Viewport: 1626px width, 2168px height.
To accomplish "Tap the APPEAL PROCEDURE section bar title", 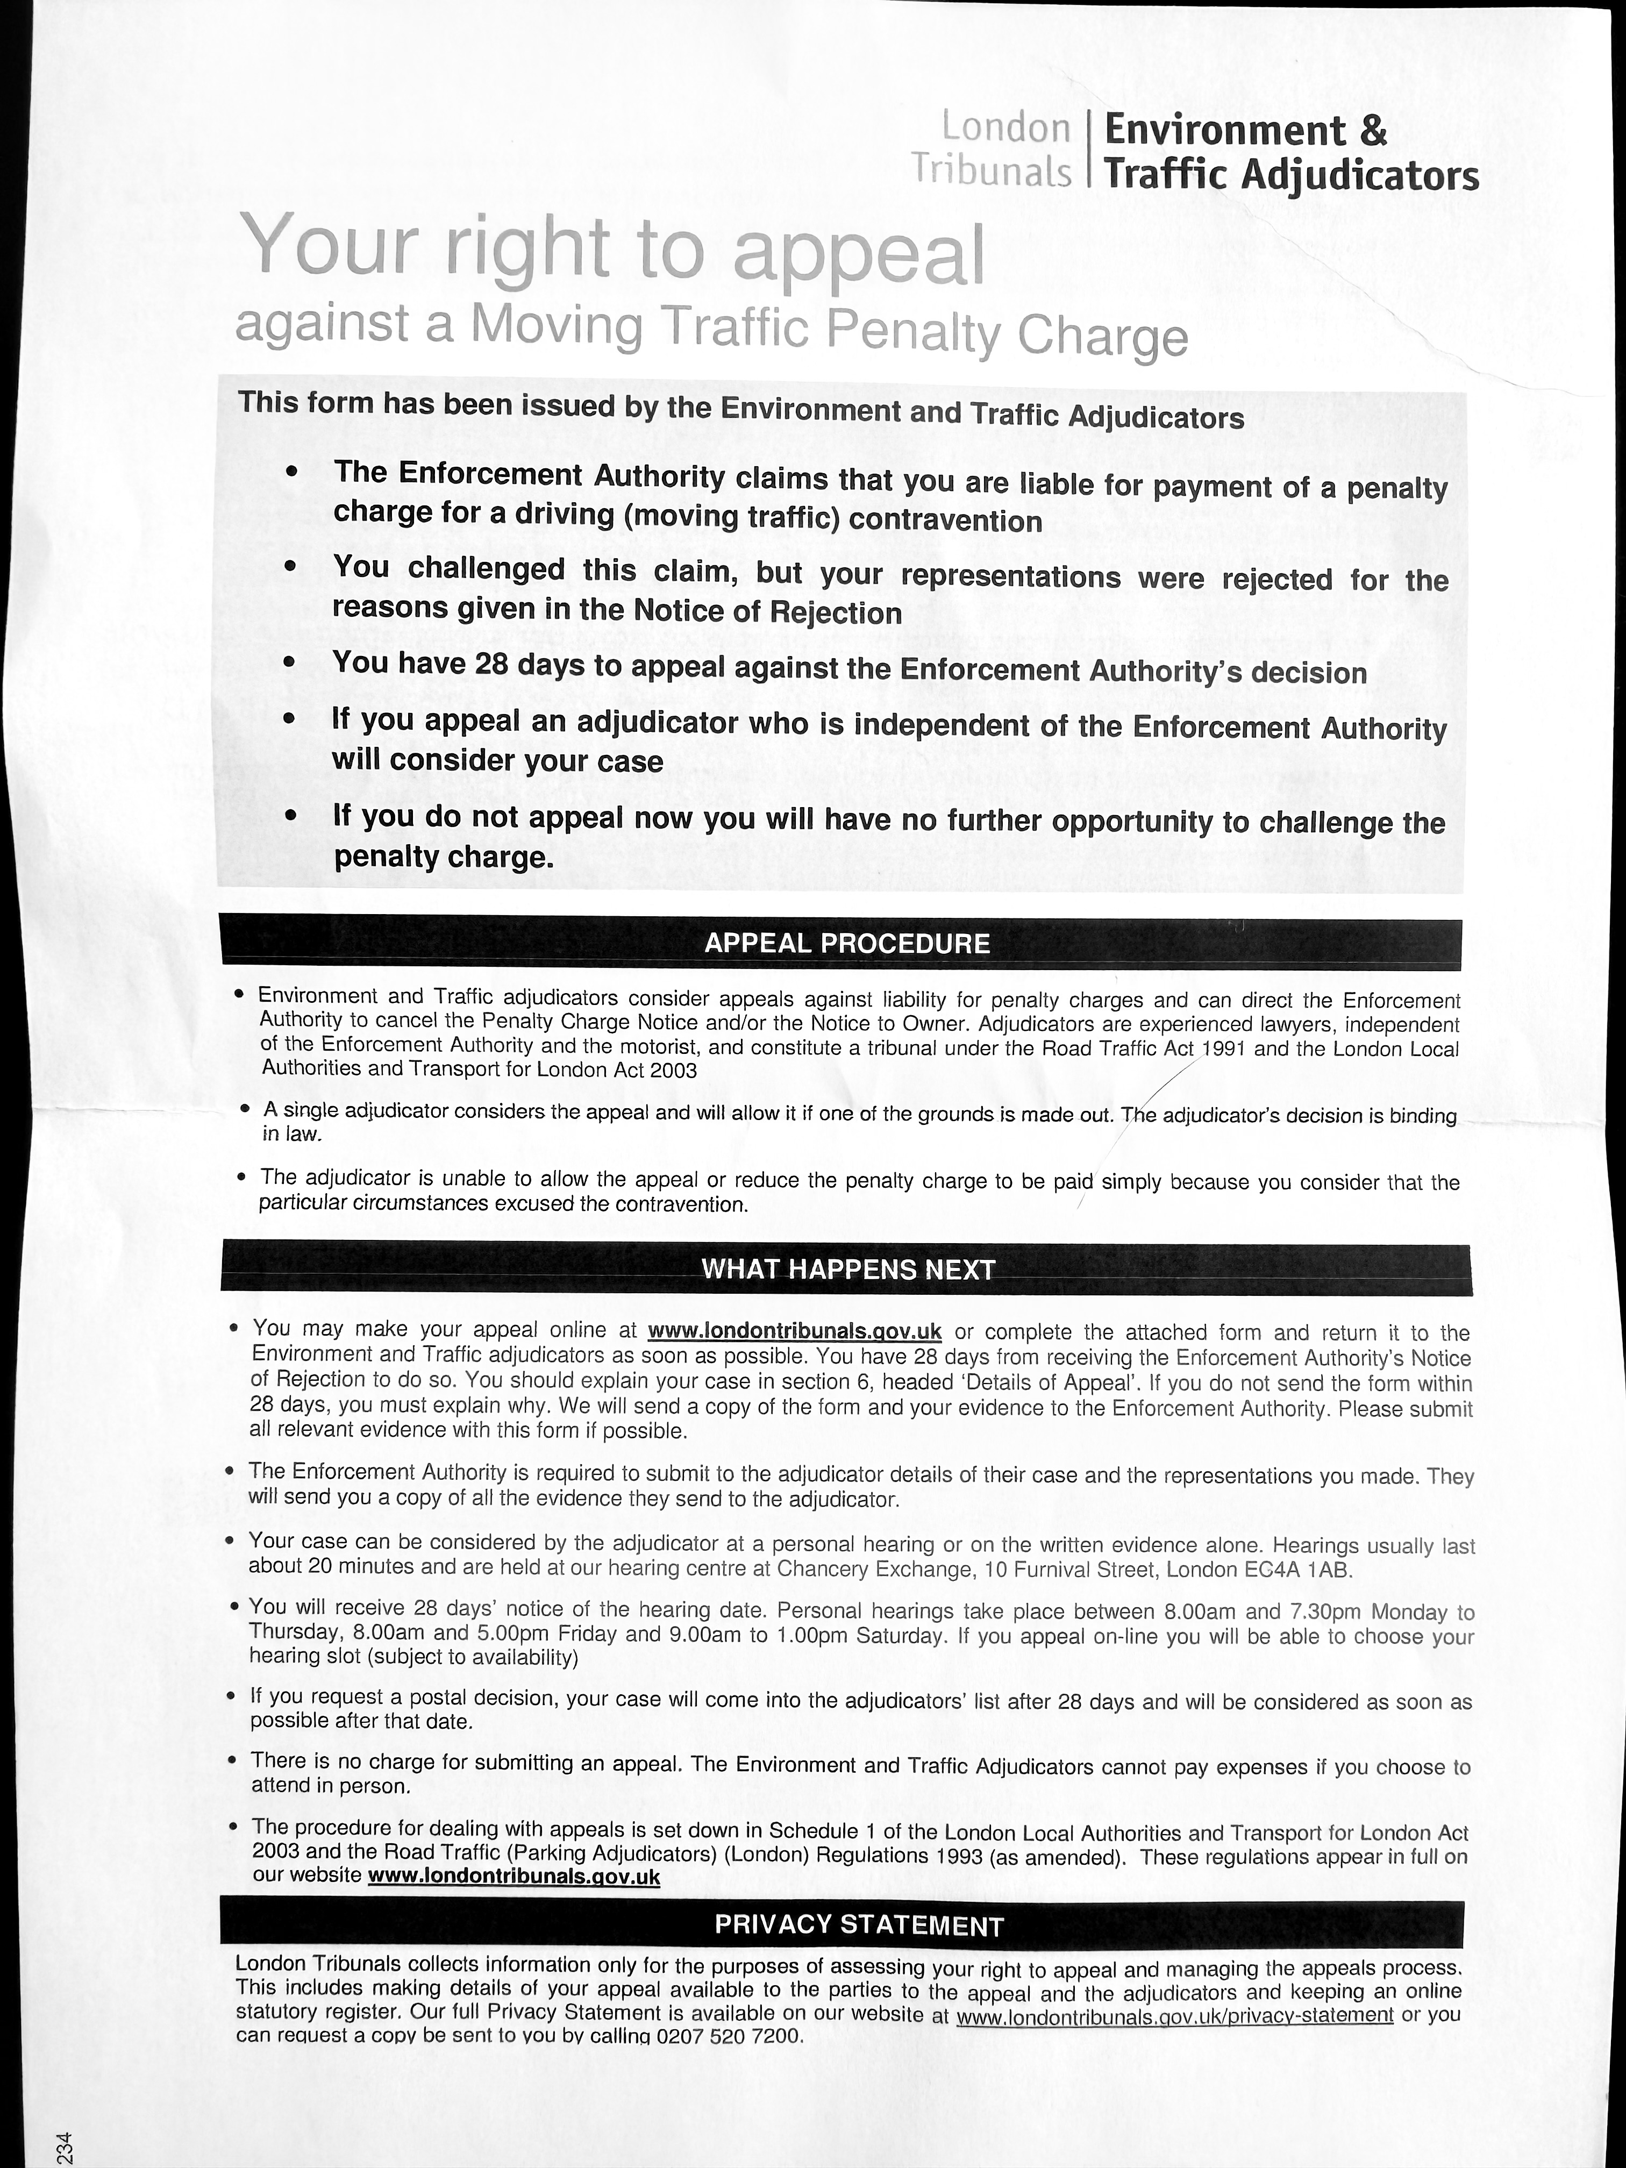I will click(x=847, y=944).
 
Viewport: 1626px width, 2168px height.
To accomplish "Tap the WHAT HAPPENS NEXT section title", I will click(x=848, y=1270).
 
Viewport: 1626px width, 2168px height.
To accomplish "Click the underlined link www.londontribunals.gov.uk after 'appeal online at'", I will click(x=795, y=1331).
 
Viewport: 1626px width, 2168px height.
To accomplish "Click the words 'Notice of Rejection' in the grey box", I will click(x=767, y=612).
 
